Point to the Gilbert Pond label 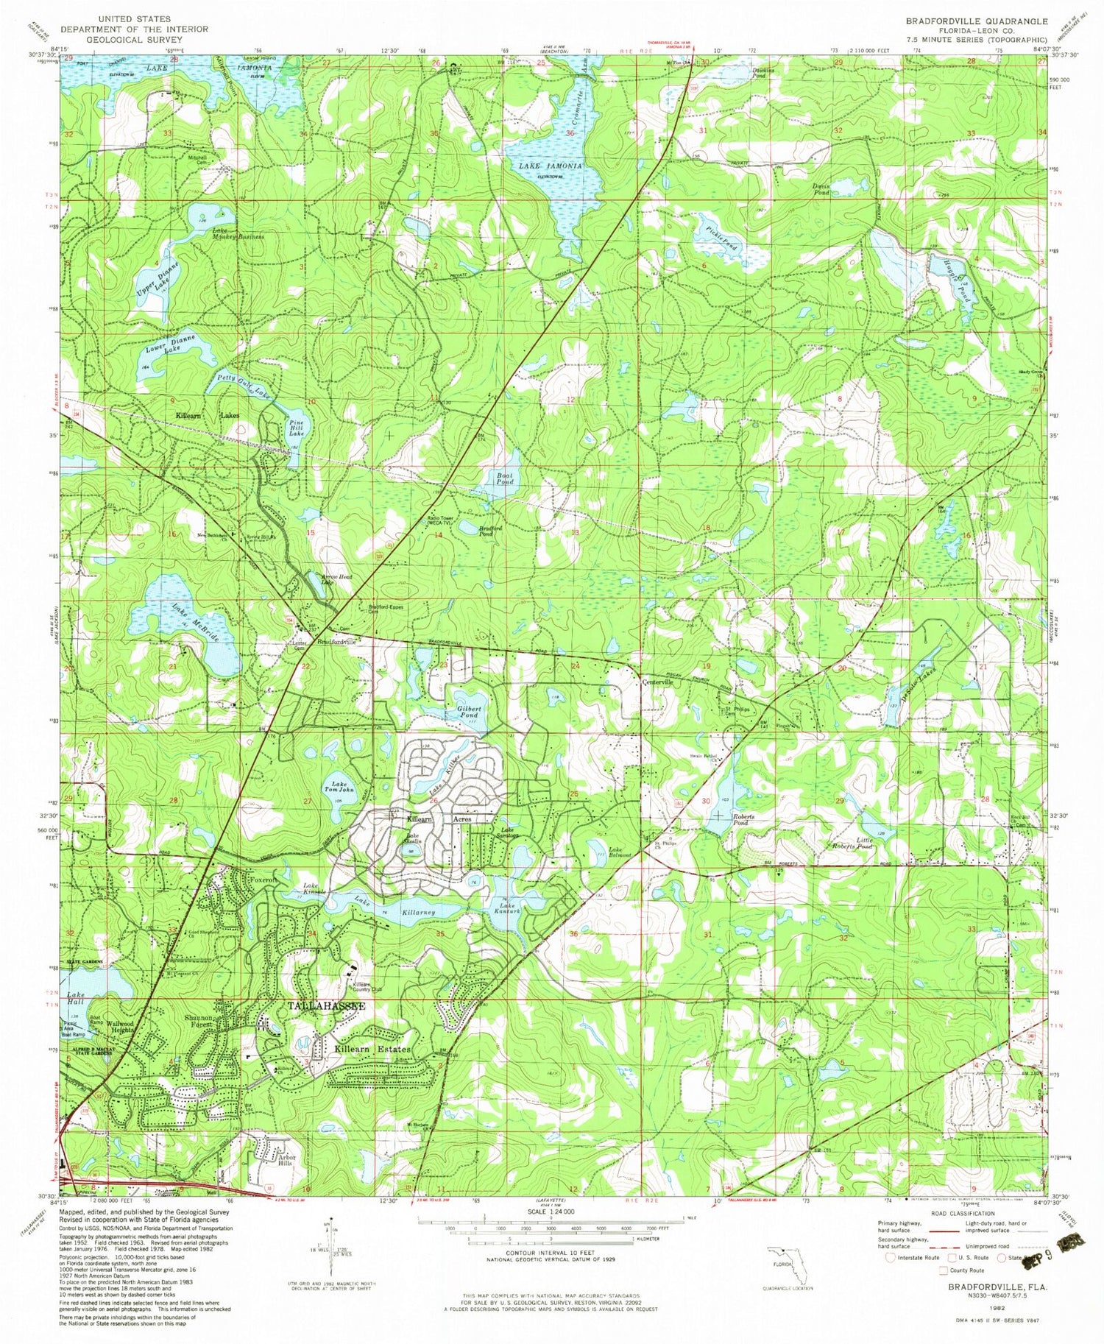pyautogui.click(x=468, y=711)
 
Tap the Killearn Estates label pyautogui.click(x=372, y=1048)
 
